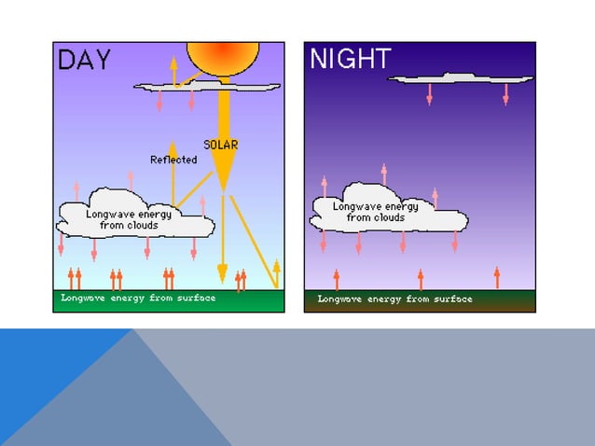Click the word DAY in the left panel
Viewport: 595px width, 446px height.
click(x=85, y=61)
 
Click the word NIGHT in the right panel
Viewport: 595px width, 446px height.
click(x=350, y=60)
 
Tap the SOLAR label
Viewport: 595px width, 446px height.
click(x=221, y=145)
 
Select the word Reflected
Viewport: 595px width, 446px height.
click(x=173, y=160)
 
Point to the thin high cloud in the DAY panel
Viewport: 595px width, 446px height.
click(x=207, y=87)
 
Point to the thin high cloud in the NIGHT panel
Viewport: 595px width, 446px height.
click(x=461, y=78)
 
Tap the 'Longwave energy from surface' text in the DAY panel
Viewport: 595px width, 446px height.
click(x=138, y=299)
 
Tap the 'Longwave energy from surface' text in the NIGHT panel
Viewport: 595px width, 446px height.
click(x=394, y=300)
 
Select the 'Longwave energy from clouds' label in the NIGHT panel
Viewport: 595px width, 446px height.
click(x=376, y=212)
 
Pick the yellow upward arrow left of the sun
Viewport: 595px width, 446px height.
click(x=173, y=71)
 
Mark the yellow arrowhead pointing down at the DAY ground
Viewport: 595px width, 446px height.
click(x=222, y=272)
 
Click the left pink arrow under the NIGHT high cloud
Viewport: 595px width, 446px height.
click(x=429, y=94)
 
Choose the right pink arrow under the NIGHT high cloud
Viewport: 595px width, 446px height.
click(x=505, y=94)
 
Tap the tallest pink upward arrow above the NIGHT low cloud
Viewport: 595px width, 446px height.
click(x=383, y=174)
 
